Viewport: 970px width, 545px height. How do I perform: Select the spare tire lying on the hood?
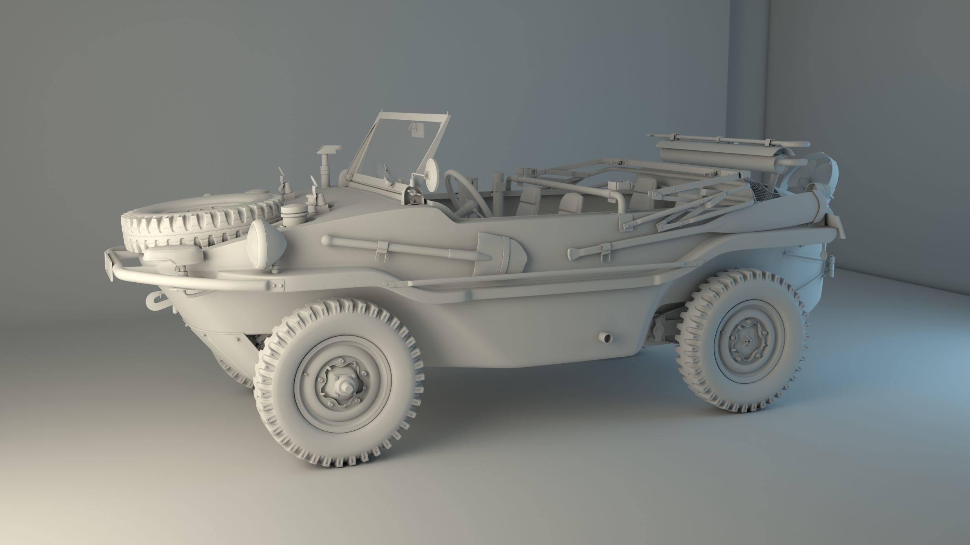(196, 219)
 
